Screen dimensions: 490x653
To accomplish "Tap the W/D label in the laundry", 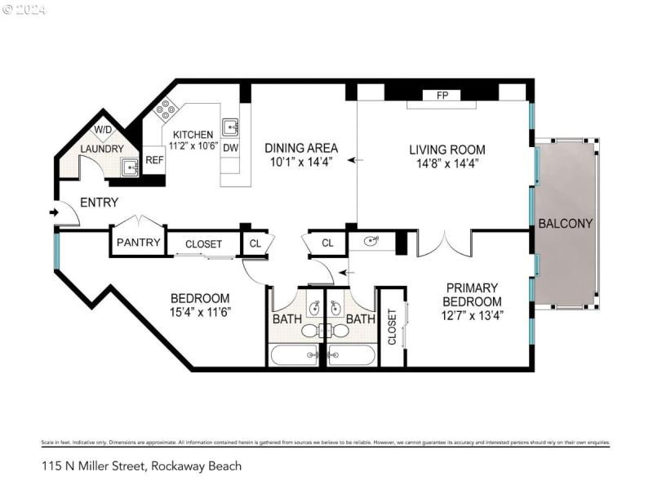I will [x=103, y=130].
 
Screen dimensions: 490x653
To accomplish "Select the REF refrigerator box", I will [x=154, y=161].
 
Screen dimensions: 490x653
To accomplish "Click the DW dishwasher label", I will [x=230, y=149].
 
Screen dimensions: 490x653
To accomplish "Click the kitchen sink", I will [x=231, y=127].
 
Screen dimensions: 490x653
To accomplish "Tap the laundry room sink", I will [x=130, y=167].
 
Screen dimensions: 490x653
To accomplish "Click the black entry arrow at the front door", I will [x=54, y=213].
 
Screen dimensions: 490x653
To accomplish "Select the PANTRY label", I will [x=137, y=243].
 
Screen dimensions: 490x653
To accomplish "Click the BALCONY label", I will [x=565, y=223].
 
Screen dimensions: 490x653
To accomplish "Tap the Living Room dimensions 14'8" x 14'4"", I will [x=446, y=163].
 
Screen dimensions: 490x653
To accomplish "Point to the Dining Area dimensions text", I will [x=301, y=163].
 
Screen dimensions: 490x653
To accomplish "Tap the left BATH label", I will [x=287, y=318].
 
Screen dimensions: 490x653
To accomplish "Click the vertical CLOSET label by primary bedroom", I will [x=392, y=326].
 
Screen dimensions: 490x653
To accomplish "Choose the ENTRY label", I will [x=99, y=203].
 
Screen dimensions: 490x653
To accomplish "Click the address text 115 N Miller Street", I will [x=141, y=466].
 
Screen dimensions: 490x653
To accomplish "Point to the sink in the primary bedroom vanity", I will [x=374, y=242].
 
